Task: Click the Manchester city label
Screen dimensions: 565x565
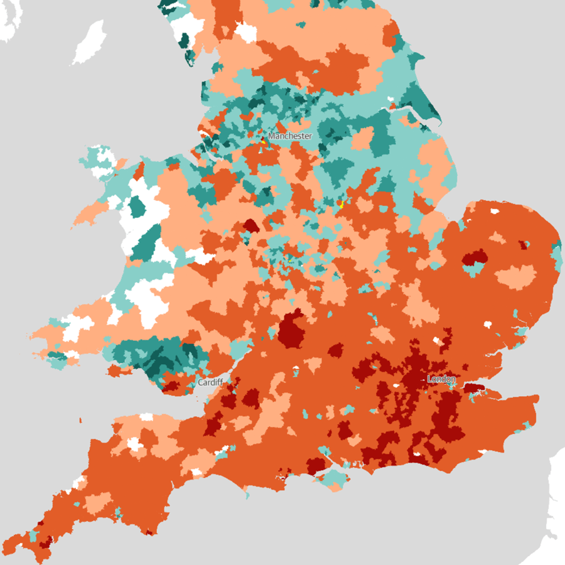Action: click(x=289, y=136)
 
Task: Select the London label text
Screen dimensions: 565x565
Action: click(x=441, y=379)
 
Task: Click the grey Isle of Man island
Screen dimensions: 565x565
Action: click(x=87, y=43)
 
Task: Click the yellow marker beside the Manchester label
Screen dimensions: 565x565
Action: click(x=262, y=141)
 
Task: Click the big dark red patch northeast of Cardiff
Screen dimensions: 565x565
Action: click(x=291, y=328)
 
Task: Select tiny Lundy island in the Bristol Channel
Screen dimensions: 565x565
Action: click(x=80, y=419)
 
